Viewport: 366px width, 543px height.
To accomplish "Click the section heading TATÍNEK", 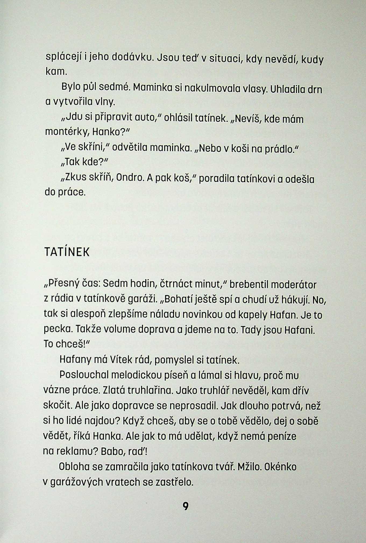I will click(x=67, y=252).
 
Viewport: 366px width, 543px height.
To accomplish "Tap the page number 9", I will click(x=186, y=507).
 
